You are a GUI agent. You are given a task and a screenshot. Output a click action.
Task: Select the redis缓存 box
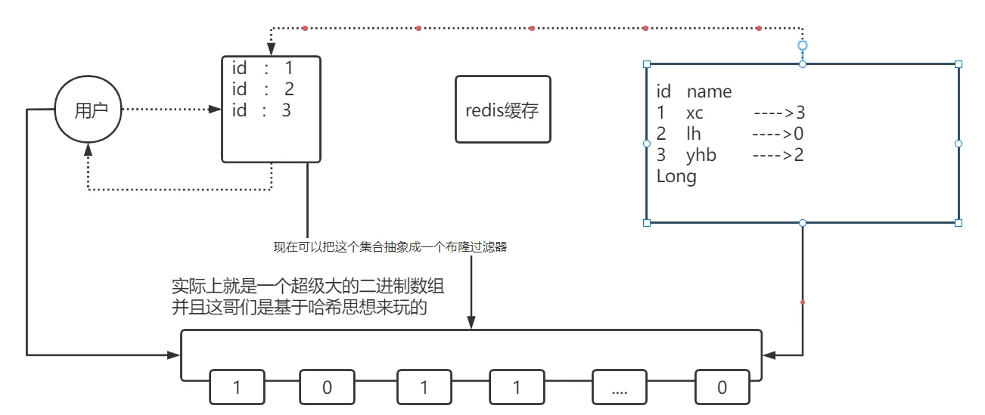[x=502, y=110]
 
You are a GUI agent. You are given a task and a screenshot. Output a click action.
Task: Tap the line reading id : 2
[x=263, y=89]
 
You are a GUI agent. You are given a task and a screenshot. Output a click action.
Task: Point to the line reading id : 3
[x=261, y=110]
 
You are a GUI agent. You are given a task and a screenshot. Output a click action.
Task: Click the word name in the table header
[x=709, y=92]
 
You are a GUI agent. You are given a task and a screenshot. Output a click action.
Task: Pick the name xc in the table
[x=694, y=113]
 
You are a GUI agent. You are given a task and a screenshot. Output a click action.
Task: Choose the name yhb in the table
[x=701, y=156]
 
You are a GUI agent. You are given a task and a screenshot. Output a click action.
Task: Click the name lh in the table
[x=693, y=135]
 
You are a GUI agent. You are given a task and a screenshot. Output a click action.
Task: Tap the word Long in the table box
[x=676, y=177]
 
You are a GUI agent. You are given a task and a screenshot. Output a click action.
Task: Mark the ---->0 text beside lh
[x=777, y=135]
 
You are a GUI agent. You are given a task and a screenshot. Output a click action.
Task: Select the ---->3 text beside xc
[x=778, y=113]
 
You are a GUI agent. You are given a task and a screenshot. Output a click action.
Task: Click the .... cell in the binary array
[x=619, y=388]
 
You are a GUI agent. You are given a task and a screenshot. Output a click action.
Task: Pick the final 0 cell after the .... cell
[x=722, y=388]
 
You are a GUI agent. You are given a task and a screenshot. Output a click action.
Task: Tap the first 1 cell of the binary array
[x=237, y=388]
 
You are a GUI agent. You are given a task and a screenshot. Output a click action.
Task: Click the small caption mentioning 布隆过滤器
[x=390, y=246]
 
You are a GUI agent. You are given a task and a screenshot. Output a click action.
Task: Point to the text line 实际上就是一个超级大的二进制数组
[x=308, y=287]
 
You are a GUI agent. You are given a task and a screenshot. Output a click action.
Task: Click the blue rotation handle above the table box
[x=803, y=45]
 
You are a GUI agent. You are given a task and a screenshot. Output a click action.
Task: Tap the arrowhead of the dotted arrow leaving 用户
[x=214, y=110]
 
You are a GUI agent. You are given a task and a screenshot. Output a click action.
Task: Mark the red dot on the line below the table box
[x=803, y=302]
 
